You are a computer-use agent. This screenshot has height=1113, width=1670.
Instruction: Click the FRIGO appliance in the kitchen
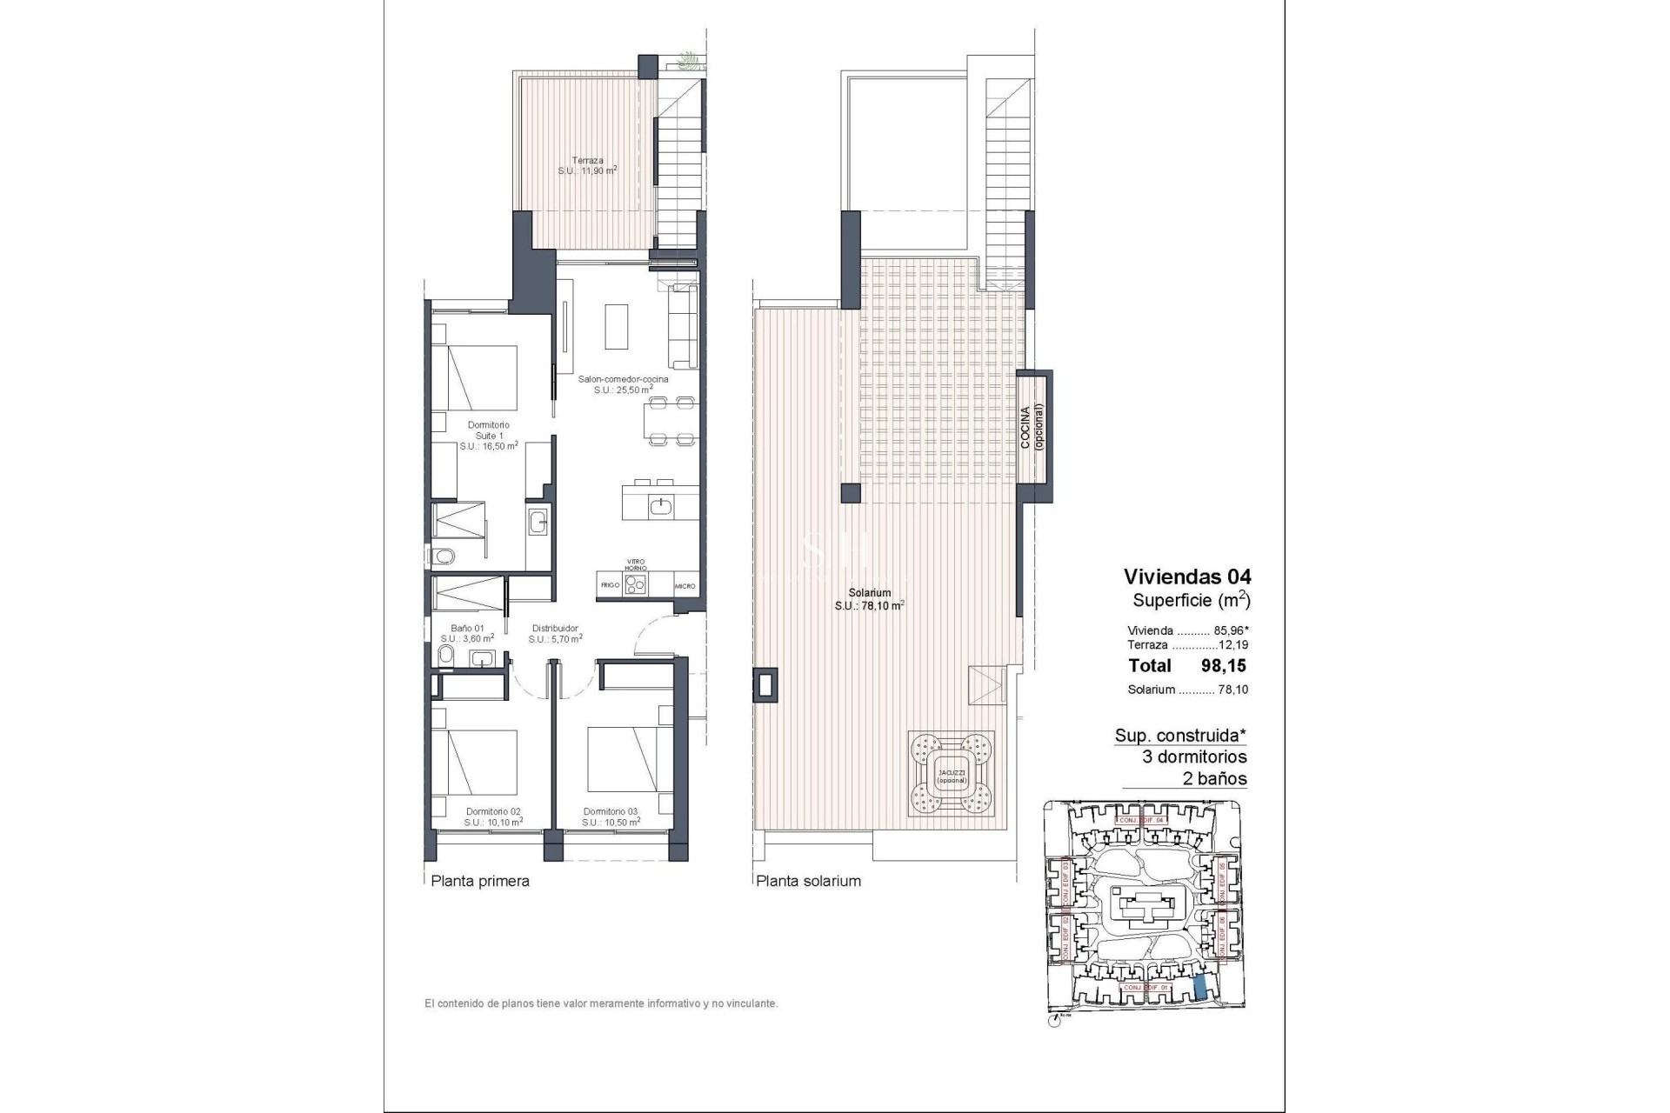click(610, 585)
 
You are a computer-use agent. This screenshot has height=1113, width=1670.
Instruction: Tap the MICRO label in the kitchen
click(685, 586)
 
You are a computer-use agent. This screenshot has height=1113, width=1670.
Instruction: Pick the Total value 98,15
click(1224, 666)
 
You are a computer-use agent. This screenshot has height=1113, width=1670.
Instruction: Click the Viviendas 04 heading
click(1186, 576)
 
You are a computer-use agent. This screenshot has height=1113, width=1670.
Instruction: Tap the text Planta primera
click(480, 881)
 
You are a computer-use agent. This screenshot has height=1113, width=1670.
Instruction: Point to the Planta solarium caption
click(808, 881)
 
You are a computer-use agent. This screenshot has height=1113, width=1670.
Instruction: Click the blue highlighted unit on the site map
click(1199, 987)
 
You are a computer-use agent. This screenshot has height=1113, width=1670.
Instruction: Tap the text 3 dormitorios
click(1194, 756)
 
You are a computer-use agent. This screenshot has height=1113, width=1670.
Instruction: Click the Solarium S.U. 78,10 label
click(870, 599)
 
